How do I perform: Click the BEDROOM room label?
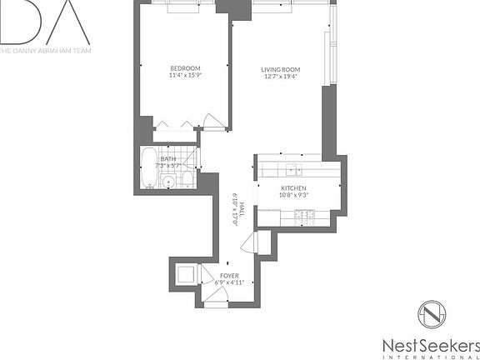point(184,68)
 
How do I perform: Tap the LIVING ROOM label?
point(281,70)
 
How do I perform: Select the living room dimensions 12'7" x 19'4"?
point(281,77)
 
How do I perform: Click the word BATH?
point(168,158)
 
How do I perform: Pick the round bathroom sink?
point(168,181)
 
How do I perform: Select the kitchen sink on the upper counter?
point(294,169)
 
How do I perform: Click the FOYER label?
point(229,275)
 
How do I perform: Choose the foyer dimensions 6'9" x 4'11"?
point(229,282)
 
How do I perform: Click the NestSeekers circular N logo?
point(431,317)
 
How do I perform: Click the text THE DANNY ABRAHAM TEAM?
point(46,51)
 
